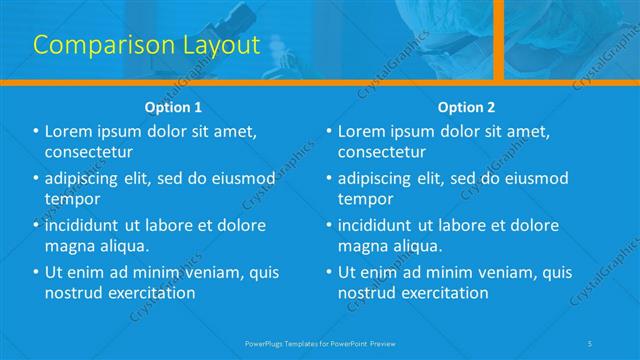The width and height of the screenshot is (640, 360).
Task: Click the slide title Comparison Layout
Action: [x=147, y=45]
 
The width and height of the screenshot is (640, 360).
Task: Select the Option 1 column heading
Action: [x=173, y=107]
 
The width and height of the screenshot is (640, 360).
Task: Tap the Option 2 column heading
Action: [x=466, y=107]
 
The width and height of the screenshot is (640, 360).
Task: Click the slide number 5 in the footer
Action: [x=592, y=343]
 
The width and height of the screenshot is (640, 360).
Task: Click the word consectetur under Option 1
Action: [x=89, y=152]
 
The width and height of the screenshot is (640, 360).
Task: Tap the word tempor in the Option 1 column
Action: [x=72, y=199]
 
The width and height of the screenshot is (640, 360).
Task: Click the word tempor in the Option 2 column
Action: [x=365, y=199]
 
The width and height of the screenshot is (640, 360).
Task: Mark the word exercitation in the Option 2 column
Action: [x=443, y=293]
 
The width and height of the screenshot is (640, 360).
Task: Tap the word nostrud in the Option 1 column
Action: [x=76, y=293]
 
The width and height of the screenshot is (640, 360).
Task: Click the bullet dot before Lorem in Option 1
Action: [x=36, y=132]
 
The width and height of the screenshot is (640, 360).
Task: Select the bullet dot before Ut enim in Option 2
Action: [x=329, y=272]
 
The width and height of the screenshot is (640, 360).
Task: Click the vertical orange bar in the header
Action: [x=498, y=40]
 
